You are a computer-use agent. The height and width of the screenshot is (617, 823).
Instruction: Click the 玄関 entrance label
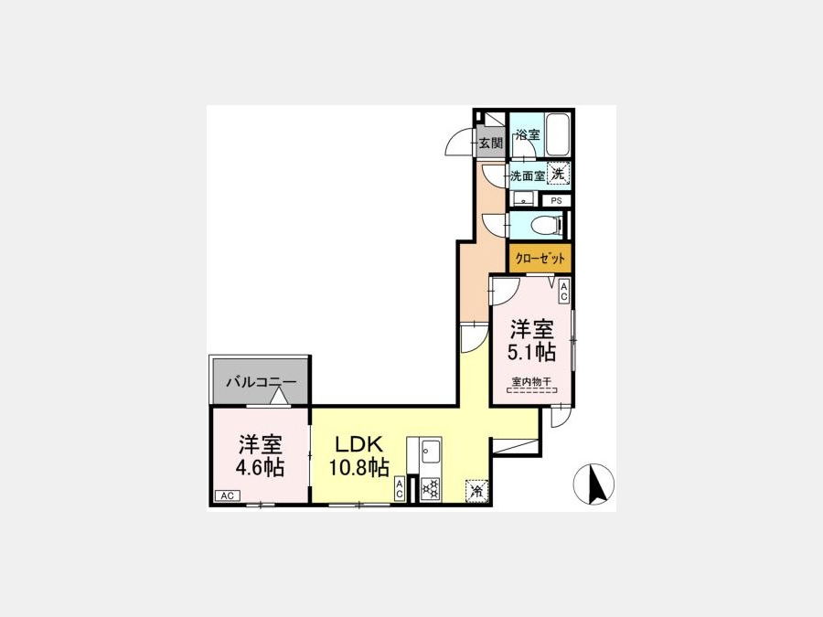tap(491, 143)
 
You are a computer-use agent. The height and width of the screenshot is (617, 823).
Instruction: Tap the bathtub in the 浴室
tap(557, 134)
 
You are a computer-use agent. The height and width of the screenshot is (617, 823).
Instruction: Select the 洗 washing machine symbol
tap(558, 174)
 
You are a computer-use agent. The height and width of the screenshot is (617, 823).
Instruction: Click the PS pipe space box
tap(556, 200)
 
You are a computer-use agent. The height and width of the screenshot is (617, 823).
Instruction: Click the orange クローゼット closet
tap(540, 259)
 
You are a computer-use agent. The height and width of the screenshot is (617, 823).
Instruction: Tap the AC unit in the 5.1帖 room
tap(563, 292)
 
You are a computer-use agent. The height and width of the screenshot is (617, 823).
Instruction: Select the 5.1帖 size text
tap(531, 352)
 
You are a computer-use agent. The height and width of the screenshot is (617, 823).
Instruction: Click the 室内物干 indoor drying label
tap(531, 382)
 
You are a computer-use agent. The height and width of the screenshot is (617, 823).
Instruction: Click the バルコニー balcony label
tap(262, 382)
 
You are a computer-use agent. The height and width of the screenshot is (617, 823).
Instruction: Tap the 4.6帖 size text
tap(260, 466)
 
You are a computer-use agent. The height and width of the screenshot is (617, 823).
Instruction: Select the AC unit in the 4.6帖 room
tap(228, 495)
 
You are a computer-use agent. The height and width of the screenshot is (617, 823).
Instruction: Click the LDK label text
tap(359, 444)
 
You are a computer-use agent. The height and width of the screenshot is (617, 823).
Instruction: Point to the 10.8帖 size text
tap(359, 466)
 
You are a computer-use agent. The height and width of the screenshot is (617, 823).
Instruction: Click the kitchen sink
tap(431, 450)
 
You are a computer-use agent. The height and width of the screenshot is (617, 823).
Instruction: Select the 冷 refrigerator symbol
tap(476, 491)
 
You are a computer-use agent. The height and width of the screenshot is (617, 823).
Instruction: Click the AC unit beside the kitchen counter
tap(400, 489)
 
